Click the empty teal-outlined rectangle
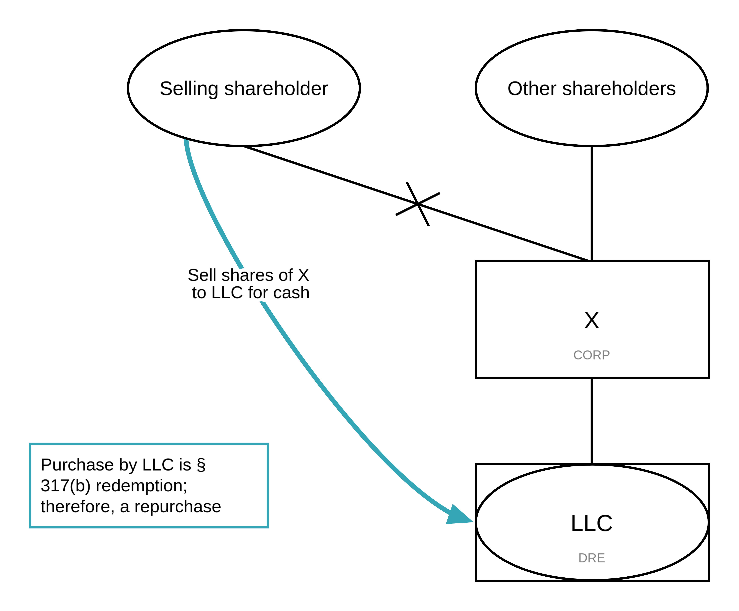[x=149, y=485]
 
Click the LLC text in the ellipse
[x=591, y=523]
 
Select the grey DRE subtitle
[x=591, y=558]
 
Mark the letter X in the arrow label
[x=304, y=275]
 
